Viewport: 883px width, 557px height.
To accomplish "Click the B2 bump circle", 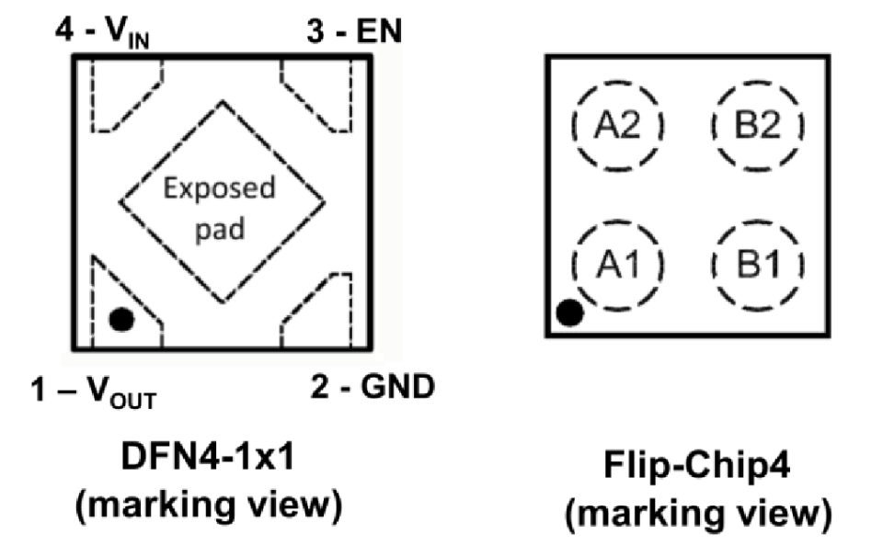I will [758, 126].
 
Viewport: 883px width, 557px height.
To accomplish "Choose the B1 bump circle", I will [758, 266].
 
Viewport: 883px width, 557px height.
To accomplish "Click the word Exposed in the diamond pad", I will [219, 189].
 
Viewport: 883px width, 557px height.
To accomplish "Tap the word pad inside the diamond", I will [222, 226].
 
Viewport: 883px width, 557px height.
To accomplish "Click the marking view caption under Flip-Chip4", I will [700, 515].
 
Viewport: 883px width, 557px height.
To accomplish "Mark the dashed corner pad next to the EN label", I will [322, 92].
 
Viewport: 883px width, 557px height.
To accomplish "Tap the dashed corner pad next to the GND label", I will [322, 320].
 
